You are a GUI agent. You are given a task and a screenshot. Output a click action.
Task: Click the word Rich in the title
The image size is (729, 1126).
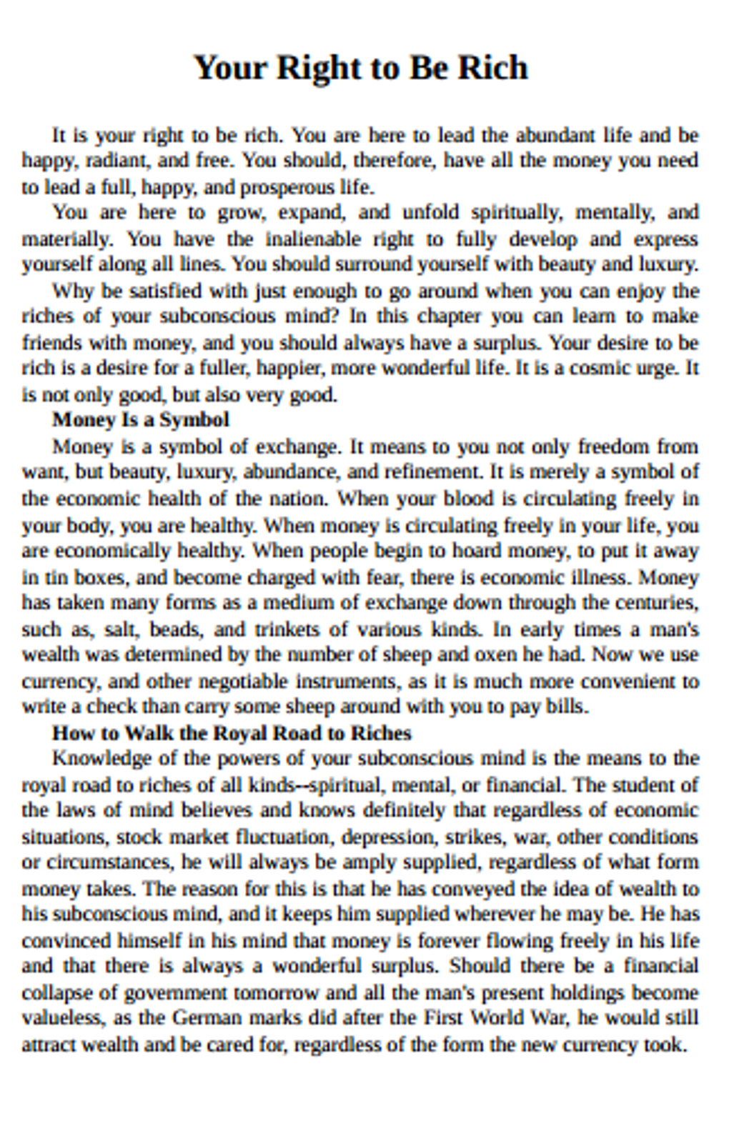tap(492, 68)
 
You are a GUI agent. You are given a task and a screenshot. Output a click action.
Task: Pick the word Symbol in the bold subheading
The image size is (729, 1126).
tap(194, 420)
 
